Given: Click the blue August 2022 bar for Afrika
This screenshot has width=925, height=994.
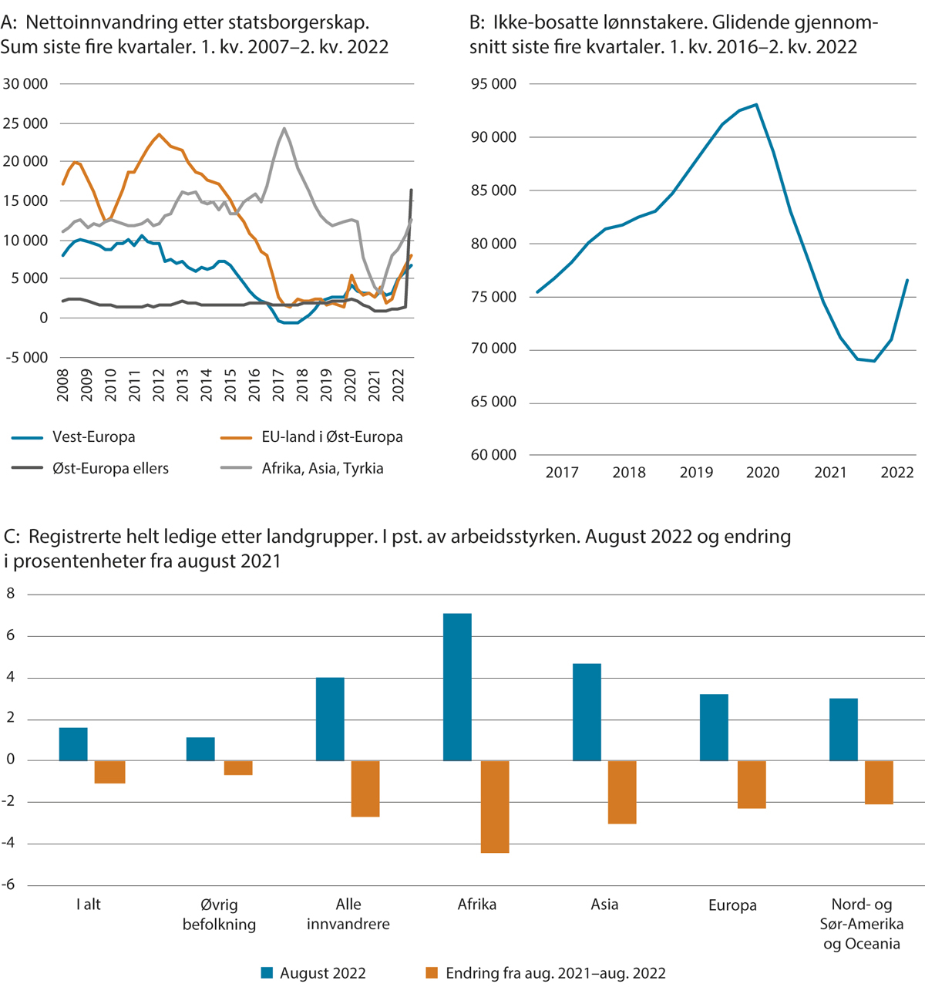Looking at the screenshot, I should (457, 686).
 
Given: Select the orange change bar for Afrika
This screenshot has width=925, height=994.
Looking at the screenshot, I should (495, 806).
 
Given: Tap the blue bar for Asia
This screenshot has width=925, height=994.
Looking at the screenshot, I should (587, 712).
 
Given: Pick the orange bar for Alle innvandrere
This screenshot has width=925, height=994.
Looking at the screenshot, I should (365, 788).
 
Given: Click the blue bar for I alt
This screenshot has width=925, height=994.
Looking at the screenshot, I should (73, 744).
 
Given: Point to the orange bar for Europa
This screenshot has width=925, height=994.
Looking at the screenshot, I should (752, 784).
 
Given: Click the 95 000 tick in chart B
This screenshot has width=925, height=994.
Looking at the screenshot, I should (493, 84).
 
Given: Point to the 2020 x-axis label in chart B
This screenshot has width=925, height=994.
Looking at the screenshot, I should (762, 473).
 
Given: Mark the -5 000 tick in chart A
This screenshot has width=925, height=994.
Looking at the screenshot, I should (25, 358).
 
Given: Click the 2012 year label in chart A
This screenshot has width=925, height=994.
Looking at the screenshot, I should (159, 385).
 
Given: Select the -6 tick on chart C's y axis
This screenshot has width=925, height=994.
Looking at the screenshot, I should (10, 885).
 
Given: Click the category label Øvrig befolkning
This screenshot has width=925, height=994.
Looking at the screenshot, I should (219, 915).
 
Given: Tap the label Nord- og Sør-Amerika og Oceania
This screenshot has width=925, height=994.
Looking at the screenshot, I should (862, 924).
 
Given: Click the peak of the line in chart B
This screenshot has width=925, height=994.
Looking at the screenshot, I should (756, 104).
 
